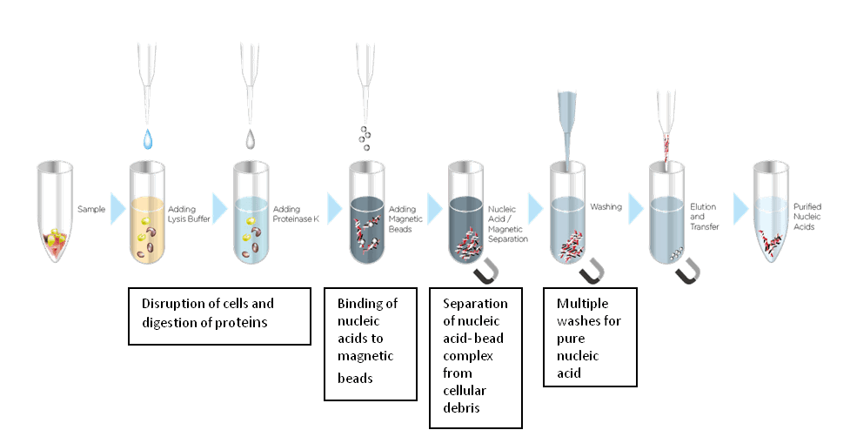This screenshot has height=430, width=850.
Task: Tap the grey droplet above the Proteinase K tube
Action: (x=251, y=138)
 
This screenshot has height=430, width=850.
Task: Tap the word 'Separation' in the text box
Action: (x=475, y=303)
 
